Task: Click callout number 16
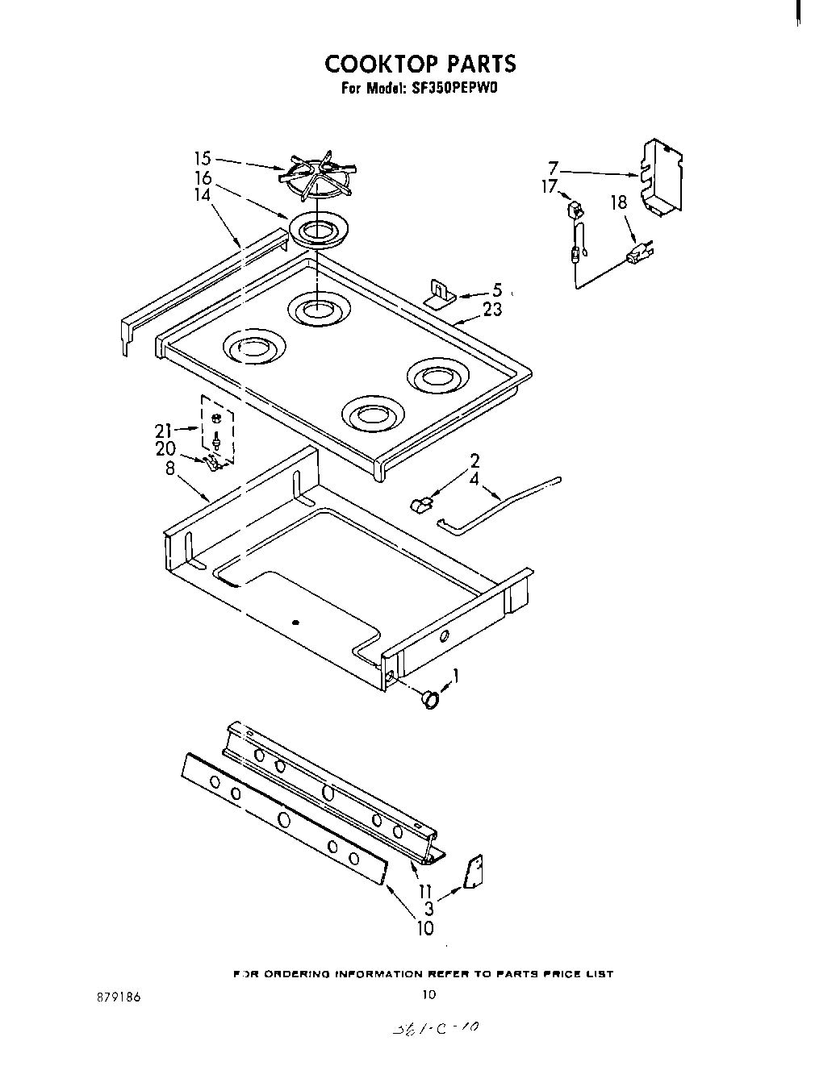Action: [203, 177]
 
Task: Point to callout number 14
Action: [203, 194]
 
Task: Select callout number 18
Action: [618, 202]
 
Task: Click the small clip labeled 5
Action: [440, 294]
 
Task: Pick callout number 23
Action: [492, 310]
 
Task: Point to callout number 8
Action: [170, 467]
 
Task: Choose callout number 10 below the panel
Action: [425, 928]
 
